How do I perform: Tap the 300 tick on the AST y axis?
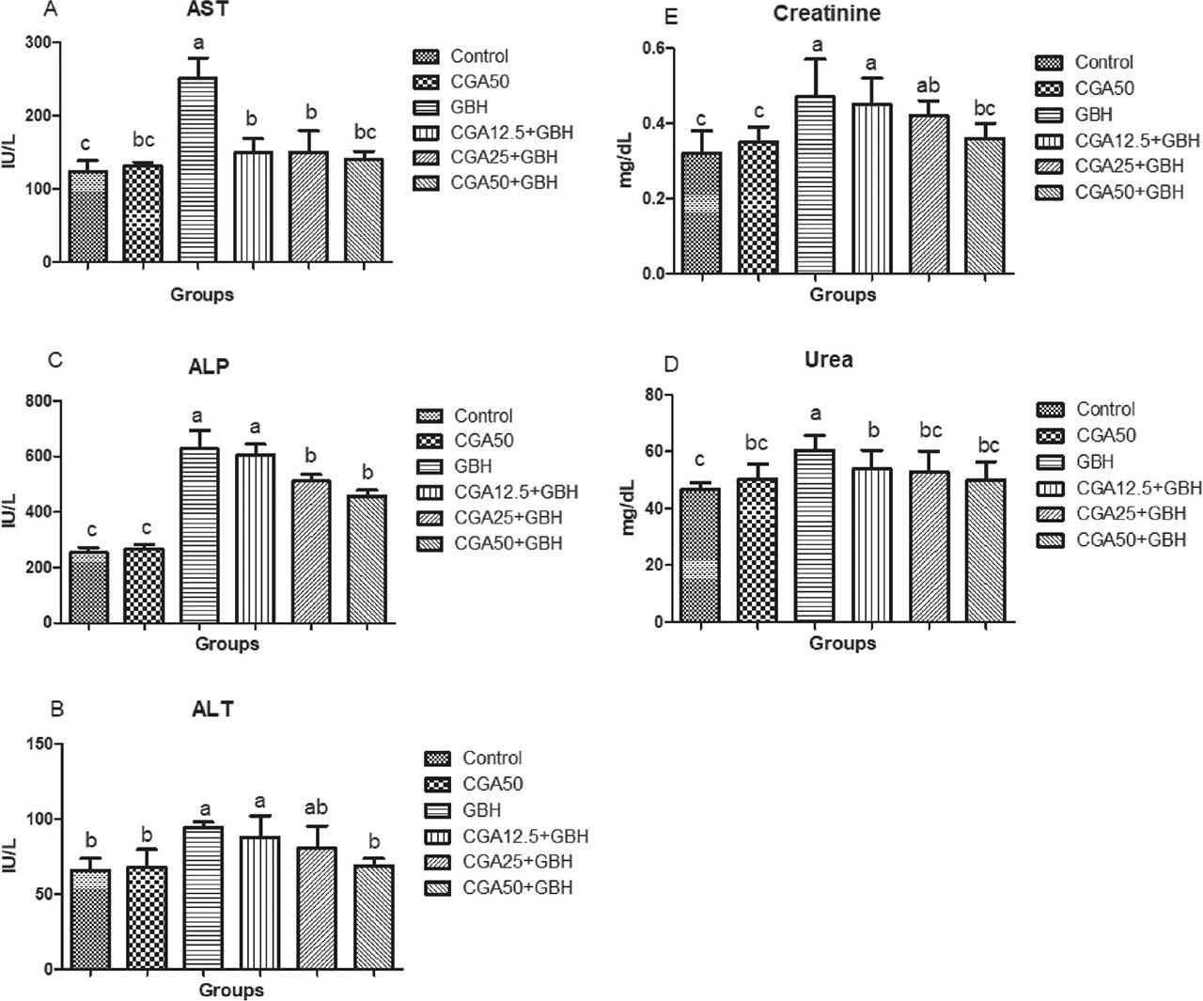point(39,42)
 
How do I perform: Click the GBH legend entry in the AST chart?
point(469,106)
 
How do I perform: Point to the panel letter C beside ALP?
point(55,359)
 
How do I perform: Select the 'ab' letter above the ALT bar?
point(315,807)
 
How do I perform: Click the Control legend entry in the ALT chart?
point(492,758)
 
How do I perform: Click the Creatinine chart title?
point(826,13)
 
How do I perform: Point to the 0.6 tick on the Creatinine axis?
point(651,48)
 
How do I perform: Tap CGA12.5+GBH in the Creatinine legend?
point(1138,141)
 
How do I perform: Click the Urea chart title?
point(828,359)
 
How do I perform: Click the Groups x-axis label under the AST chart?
point(202,294)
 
